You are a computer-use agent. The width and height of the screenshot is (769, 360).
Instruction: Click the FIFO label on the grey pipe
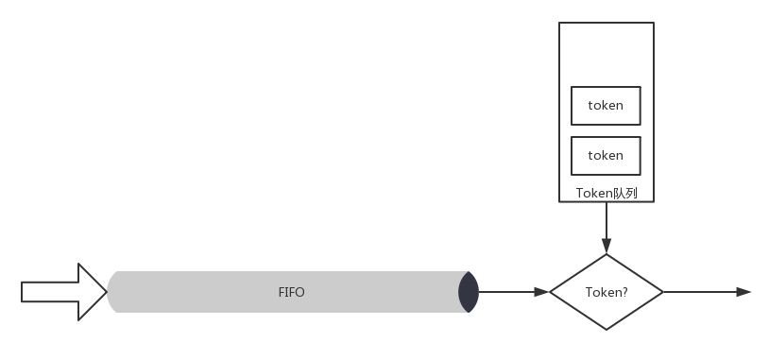[291, 292]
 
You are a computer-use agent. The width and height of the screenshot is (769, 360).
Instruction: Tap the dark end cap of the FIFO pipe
[469, 292]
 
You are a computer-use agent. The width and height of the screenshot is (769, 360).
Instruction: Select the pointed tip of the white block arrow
[107, 292]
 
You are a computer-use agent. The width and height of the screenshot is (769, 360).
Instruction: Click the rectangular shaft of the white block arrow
[49, 292]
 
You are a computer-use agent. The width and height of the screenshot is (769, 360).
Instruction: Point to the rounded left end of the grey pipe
[112, 292]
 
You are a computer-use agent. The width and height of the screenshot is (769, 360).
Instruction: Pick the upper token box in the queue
[606, 106]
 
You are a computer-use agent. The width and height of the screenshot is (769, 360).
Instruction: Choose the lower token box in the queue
[606, 156]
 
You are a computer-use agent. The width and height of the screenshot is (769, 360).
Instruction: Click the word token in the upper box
[606, 106]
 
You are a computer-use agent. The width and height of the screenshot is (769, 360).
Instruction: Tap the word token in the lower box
[606, 156]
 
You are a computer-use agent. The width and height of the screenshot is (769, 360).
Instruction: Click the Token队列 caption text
[607, 194]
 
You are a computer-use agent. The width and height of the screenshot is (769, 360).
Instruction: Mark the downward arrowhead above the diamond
[607, 246]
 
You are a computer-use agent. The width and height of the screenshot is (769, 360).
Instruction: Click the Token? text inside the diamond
[607, 292]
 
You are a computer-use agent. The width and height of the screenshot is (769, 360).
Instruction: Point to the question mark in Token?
[624, 292]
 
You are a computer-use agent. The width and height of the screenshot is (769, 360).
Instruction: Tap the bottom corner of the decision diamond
[607, 330]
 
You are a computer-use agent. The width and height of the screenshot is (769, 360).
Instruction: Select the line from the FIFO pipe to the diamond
[514, 292]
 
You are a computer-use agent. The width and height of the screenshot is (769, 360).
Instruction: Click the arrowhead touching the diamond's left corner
[542, 292]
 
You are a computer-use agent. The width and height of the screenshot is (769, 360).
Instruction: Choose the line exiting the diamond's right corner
[708, 292]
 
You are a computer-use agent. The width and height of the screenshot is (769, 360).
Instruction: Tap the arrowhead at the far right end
[744, 292]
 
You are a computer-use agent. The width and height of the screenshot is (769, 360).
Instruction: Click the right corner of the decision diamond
[663, 292]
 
